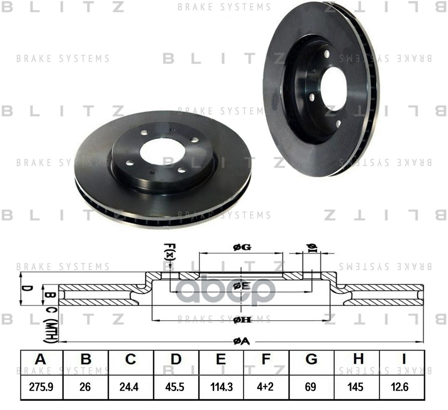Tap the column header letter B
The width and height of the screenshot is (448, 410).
click(x=86, y=359)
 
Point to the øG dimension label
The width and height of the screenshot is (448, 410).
click(x=241, y=248)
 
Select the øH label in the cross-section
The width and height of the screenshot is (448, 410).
click(x=241, y=320)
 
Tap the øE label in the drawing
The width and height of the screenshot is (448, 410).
click(x=241, y=285)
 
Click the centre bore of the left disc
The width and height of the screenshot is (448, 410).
click(x=162, y=151)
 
